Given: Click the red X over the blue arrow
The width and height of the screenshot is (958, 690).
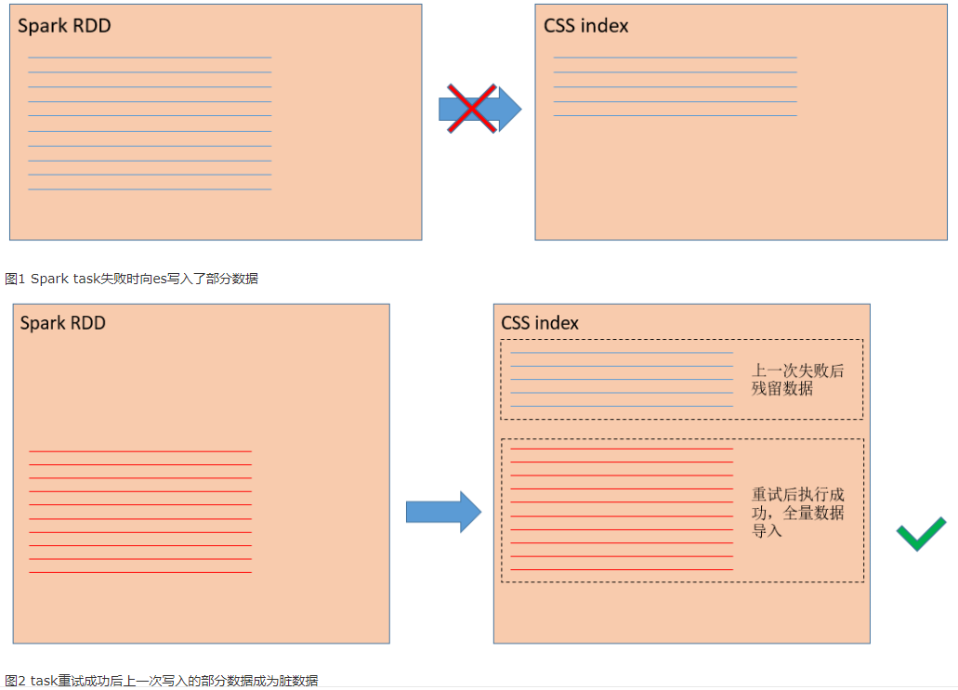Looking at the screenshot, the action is tap(472, 109).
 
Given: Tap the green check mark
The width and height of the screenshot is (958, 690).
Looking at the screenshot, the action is tap(921, 534).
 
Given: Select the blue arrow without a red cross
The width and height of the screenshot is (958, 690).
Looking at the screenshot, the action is tap(443, 512).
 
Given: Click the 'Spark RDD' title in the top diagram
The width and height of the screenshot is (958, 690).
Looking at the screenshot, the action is tap(64, 26).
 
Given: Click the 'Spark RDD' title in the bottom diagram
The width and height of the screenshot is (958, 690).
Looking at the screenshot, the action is tap(63, 323).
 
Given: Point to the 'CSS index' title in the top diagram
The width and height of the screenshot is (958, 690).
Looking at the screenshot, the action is tap(586, 26).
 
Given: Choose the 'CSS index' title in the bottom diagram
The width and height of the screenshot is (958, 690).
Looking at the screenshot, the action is tap(540, 323).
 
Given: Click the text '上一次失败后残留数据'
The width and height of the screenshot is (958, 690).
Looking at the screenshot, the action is tap(797, 379).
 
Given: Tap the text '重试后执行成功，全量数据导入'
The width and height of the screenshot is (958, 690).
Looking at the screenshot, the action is tap(798, 513).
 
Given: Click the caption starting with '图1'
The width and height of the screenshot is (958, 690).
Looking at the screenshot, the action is tap(131, 279).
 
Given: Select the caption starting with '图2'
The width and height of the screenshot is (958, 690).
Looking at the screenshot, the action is tap(162, 680).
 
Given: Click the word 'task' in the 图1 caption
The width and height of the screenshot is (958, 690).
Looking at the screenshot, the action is tap(86, 279).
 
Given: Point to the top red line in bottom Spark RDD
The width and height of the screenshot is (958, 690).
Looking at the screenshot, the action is tap(140, 451).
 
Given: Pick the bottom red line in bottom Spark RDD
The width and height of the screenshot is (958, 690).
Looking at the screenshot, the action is tap(140, 572).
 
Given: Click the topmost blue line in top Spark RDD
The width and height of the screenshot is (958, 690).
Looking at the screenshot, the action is tap(150, 58).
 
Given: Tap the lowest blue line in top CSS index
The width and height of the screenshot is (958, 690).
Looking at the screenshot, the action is tap(676, 115).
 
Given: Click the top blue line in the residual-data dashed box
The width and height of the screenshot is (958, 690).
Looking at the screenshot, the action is tap(622, 352).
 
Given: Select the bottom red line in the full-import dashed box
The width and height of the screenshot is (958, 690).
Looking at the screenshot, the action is tap(622, 569).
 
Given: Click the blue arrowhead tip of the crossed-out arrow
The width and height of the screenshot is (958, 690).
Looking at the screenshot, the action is tap(521, 110).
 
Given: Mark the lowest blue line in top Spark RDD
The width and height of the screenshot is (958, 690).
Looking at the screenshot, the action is tap(150, 189).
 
